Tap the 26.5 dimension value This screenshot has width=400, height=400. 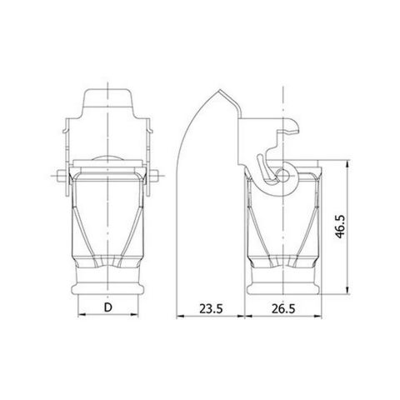pyautogui.click(x=284, y=307)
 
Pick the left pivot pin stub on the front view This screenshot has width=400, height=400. pyautogui.click(x=59, y=176)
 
